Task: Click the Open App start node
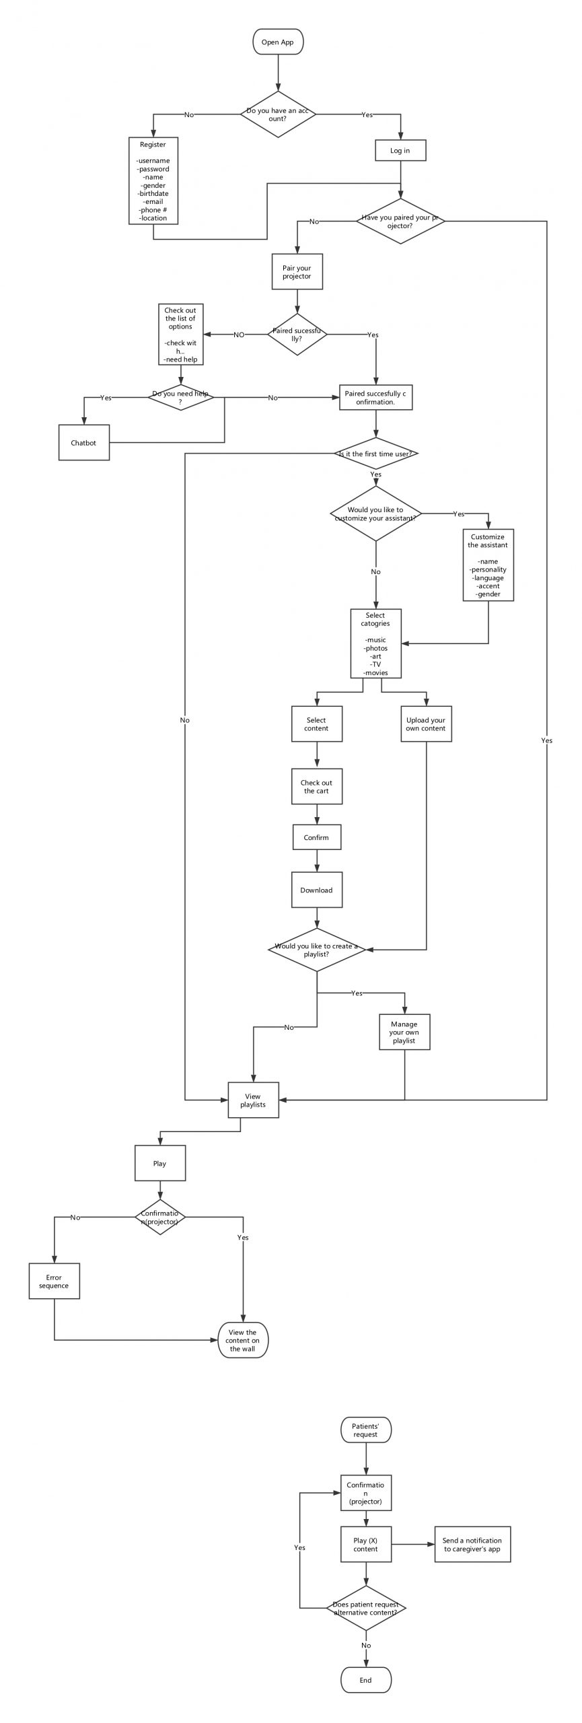(x=278, y=42)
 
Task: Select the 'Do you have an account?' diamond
(x=278, y=114)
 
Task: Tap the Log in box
(x=400, y=150)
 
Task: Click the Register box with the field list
(x=153, y=181)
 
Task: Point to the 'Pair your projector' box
(x=297, y=272)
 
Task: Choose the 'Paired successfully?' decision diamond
(x=297, y=335)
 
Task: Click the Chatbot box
(x=84, y=443)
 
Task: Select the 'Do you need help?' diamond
(x=181, y=398)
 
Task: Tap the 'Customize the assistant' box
(x=488, y=565)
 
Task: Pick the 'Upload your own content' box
(x=426, y=724)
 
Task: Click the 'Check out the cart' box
(x=316, y=787)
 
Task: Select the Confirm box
(x=316, y=837)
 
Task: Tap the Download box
(x=316, y=890)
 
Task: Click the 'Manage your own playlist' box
(x=404, y=1032)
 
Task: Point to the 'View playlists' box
(x=253, y=1100)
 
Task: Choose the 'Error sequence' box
(x=54, y=1281)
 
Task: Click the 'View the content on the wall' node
(x=243, y=1340)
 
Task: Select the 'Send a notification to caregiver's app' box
(x=472, y=1544)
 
